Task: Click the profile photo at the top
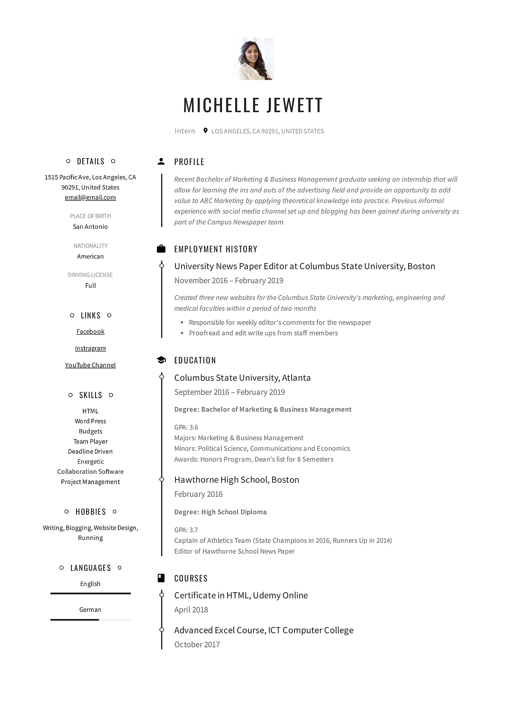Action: [253, 59]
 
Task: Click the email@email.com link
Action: [90, 197]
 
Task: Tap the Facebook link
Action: [90, 332]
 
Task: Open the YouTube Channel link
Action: [90, 365]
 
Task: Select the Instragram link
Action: [90, 348]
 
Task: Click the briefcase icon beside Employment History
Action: [161, 249]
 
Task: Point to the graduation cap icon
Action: [161, 360]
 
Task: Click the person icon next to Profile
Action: [161, 161]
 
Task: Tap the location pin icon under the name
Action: [205, 131]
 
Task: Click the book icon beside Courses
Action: [161, 578]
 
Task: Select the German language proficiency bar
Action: [90, 620]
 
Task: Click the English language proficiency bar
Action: [90, 594]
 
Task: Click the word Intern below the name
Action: [185, 131]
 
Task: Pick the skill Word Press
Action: [90, 421]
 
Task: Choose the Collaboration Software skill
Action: [90, 472]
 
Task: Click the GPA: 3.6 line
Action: [186, 427]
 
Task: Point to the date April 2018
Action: [191, 610]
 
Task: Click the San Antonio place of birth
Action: [90, 227]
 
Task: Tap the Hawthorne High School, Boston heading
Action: [237, 480]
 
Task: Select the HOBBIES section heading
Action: [91, 512]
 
